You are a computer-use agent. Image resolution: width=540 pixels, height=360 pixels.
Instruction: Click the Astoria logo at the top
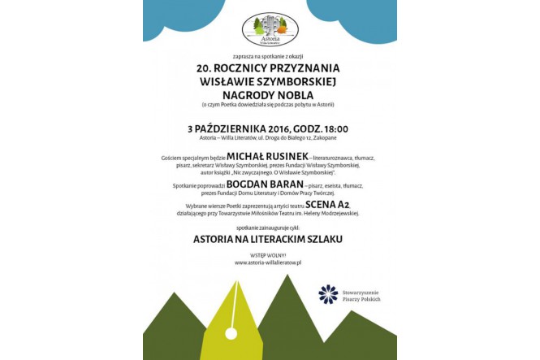pyautogui.click(x=270, y=29)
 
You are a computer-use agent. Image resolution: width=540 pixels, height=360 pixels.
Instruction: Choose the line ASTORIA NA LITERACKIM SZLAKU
pyautogui.click(x=268, y=240)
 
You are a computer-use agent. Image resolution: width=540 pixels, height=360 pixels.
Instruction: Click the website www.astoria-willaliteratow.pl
pyautogui.click(x=268, y=262)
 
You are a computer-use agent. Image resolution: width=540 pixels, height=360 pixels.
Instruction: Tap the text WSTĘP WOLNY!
pyautogui.click(x=268, y=255)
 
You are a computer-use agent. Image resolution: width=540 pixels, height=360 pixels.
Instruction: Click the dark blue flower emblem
pyautogui.click(x=328, y=294)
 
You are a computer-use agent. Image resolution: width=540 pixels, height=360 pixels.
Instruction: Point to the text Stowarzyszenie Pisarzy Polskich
pyautogui.click(x=361, y=295)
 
